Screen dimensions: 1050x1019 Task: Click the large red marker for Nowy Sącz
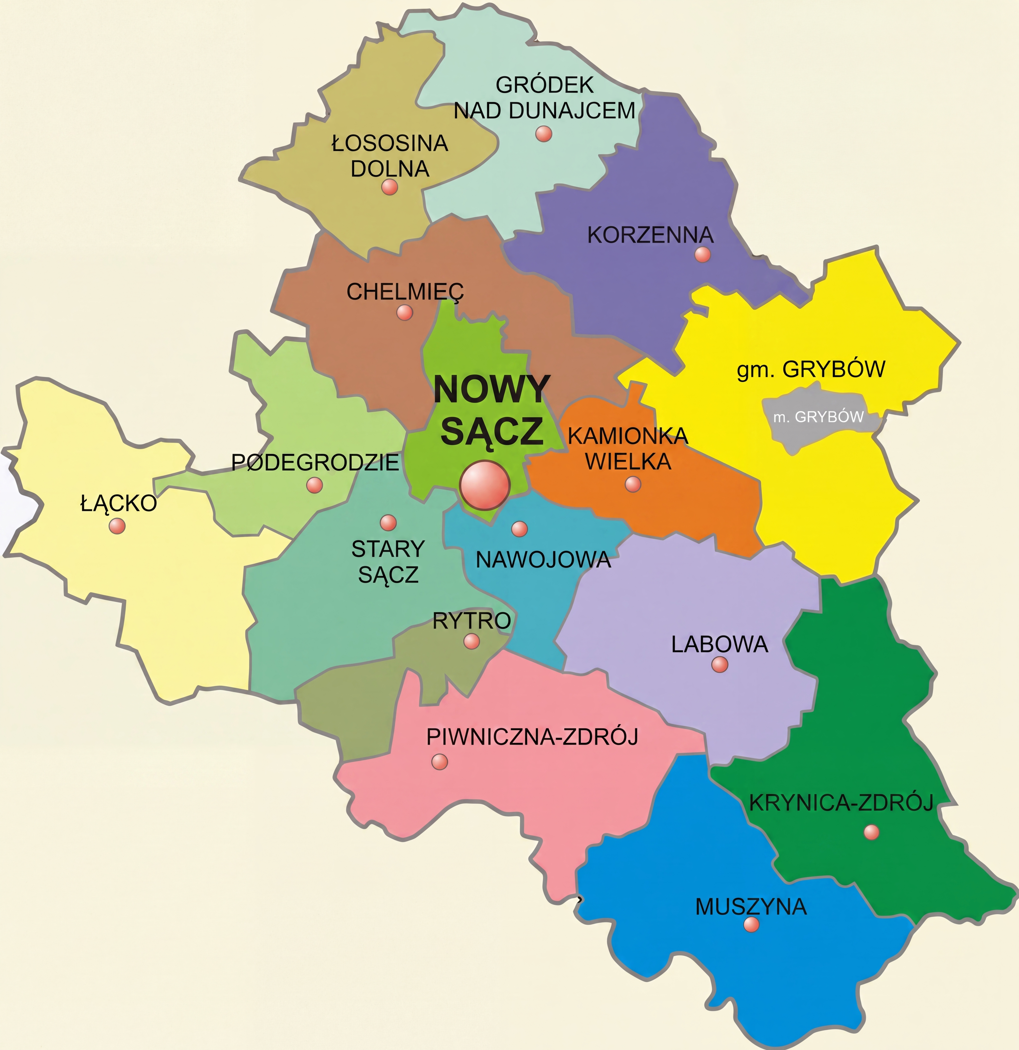[484, 485]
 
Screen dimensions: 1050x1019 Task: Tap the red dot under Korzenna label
[702, 255]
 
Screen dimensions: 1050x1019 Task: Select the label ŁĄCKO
[118, 503]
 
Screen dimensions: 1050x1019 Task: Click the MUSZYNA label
[751, 906]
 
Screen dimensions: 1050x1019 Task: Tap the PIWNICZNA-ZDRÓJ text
[532, 737]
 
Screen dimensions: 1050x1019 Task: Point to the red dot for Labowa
[719, 665]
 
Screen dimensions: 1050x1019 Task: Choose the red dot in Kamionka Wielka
[633, 484]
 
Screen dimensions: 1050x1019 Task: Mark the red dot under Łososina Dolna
[390, 187]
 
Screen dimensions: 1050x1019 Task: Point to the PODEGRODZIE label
[315, 462]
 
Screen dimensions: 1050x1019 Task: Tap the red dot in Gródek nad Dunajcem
[544, 133]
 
